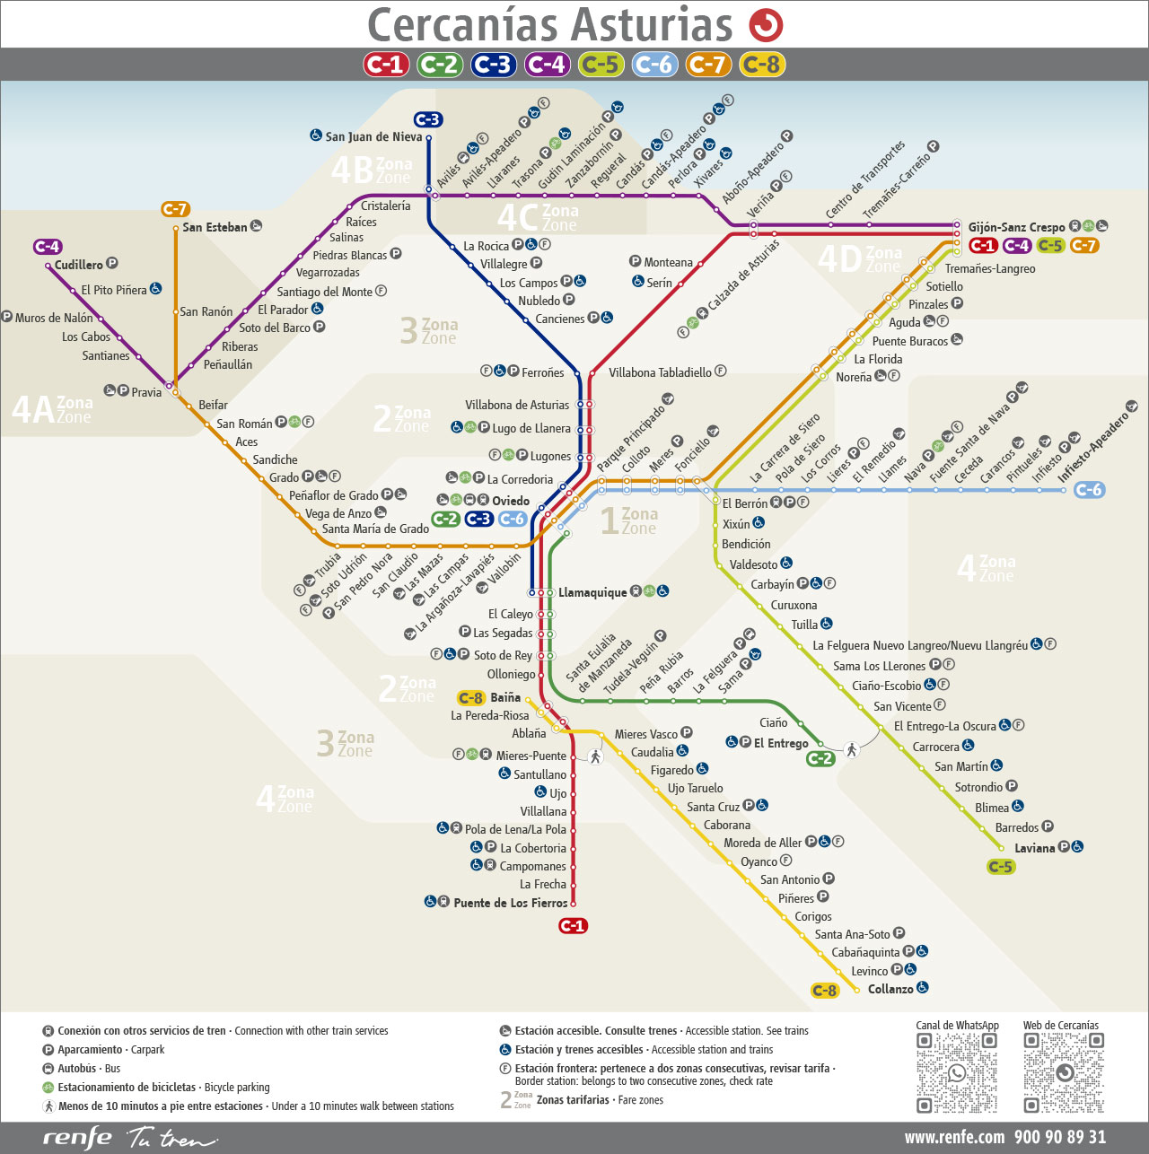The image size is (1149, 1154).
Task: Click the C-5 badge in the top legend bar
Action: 601,65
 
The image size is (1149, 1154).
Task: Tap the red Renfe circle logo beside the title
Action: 766,25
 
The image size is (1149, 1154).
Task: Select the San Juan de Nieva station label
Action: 373,136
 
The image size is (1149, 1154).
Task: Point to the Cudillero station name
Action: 79,265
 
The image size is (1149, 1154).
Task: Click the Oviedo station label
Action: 510,501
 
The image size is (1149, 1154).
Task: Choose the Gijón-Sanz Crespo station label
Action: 1016,227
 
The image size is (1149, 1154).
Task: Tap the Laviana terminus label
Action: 1034,847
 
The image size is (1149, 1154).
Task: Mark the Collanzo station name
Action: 890,989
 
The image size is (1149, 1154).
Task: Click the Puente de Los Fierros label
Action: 510,903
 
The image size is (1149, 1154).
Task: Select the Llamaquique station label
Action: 592,592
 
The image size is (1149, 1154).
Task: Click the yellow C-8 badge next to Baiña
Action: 471,698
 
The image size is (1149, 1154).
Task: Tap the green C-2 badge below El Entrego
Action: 820,758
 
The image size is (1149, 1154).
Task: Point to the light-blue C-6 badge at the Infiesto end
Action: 1089,490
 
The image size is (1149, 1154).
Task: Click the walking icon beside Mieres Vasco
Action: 595,756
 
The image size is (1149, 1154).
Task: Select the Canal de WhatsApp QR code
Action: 957,1072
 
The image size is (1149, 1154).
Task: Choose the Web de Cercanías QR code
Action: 1064,1072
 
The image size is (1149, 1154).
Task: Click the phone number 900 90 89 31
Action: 1060,1137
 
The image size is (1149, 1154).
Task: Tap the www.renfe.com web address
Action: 954,1137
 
